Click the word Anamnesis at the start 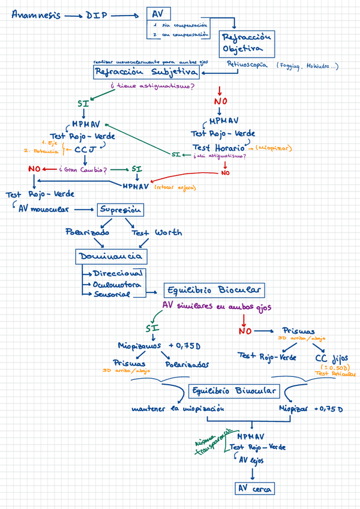coord(35,16)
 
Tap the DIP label coord(97,16)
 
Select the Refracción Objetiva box coord(247,42)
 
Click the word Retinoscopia coord(247,64)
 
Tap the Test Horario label coord(218,147)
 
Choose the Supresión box coord(120,209)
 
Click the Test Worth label coord(157,232)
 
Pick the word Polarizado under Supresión coord(88,232)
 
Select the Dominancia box coord(110,257)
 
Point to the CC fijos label coord(331,358)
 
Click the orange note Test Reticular coord(331,373)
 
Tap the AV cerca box coord(255,488)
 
